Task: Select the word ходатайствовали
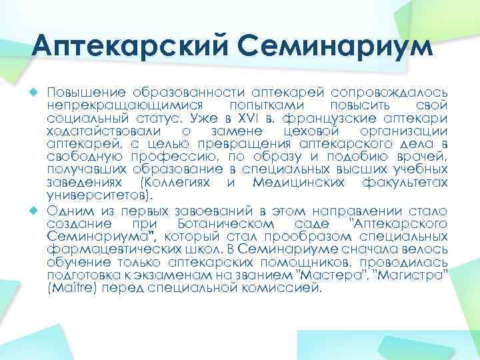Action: (106, 132)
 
